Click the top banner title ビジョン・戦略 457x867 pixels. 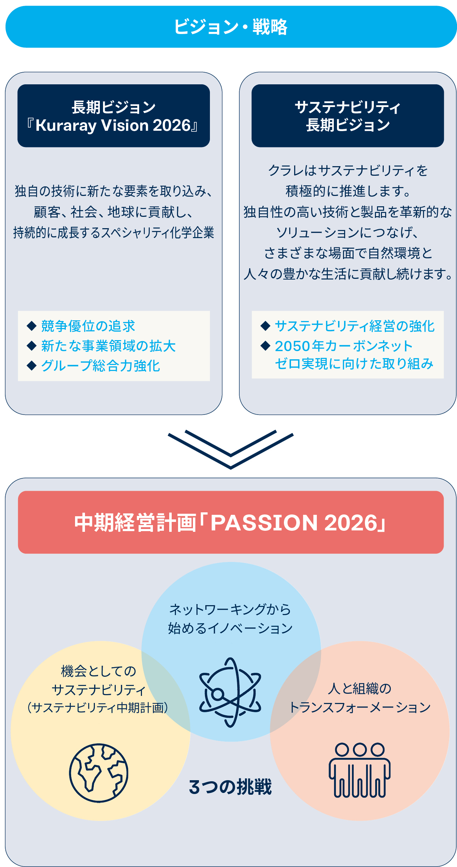pos(230,27)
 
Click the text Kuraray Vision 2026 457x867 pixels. pos(113,125)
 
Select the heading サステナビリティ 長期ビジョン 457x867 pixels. pos(348,116)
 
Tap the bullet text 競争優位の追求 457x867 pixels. pos(88,326)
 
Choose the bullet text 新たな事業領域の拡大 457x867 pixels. pos(108,346)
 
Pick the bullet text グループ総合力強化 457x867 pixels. pos(101,366)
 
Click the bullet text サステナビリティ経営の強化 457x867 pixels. pos(355,326)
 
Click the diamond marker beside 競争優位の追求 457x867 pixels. pos(32,326)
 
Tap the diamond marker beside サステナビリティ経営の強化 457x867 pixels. pos(265,326)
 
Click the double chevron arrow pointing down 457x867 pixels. pos(230,450)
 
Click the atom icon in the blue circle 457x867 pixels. pos(230,692)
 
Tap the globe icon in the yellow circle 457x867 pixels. pos(99,773)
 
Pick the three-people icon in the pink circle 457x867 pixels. pos(360,770)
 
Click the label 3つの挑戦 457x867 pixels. pos(230,787)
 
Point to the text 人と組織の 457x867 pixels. pos(360,688)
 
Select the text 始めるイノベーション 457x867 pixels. pos(230,628)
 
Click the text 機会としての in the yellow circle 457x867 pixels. pos(99,671)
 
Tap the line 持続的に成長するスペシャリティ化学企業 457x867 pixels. pos(114,233)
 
